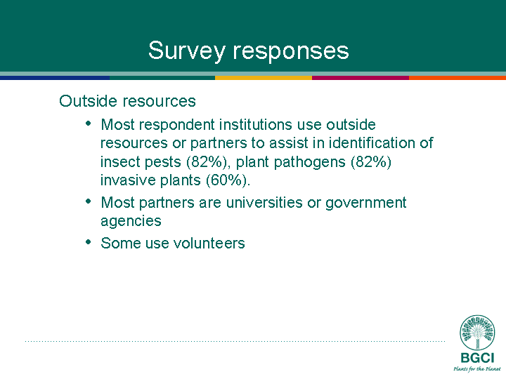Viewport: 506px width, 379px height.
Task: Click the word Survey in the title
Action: (186, 51)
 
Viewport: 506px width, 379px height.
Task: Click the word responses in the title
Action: (291, 51)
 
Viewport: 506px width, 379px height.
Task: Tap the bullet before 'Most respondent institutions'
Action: (89, 124)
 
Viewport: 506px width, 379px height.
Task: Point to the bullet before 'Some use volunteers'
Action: (89, 241)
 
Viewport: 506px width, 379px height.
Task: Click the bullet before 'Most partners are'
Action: (89, 201)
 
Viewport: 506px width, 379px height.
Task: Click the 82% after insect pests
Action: (207, 162)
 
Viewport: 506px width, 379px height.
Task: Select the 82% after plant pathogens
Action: (371, 162)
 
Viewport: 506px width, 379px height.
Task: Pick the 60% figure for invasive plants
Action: (226, 180)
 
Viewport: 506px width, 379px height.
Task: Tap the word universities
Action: (264, 202)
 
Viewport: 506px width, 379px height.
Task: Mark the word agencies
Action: (131, 222)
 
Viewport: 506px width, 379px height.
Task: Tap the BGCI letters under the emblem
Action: (477, 358)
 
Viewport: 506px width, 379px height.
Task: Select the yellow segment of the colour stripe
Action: (264, 78)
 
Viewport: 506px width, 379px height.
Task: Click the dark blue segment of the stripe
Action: (55, 78)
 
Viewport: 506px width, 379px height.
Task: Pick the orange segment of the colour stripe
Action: (458, 78)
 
